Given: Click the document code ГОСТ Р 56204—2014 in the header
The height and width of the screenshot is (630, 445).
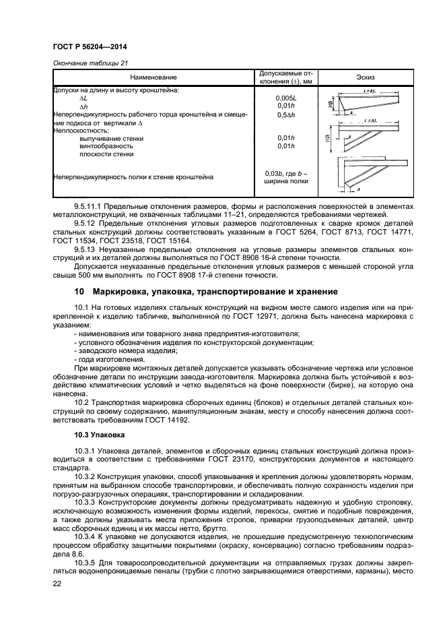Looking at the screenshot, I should [x=90, y=46].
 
